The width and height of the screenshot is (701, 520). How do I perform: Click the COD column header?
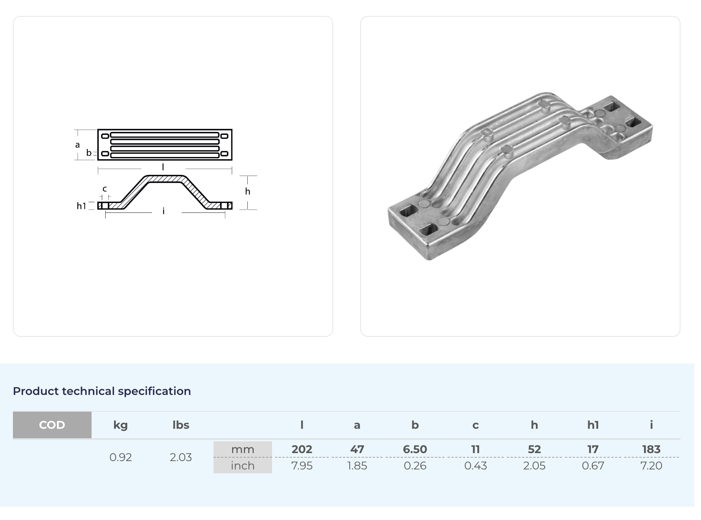(52, 425)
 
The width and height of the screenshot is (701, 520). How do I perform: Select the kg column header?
(120, 425)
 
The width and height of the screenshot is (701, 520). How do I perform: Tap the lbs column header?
(181, 425)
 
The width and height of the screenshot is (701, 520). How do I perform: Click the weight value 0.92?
(120, 457)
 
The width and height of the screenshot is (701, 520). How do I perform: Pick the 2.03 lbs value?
(181, 457)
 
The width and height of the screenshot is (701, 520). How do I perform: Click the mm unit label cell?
(243, 449)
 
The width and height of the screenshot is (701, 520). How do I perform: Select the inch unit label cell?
(243, 466)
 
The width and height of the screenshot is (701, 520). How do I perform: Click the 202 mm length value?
(302, 449)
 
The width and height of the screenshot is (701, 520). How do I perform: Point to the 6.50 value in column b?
(415, 449)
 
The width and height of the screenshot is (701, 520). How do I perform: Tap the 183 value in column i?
(651, 449)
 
